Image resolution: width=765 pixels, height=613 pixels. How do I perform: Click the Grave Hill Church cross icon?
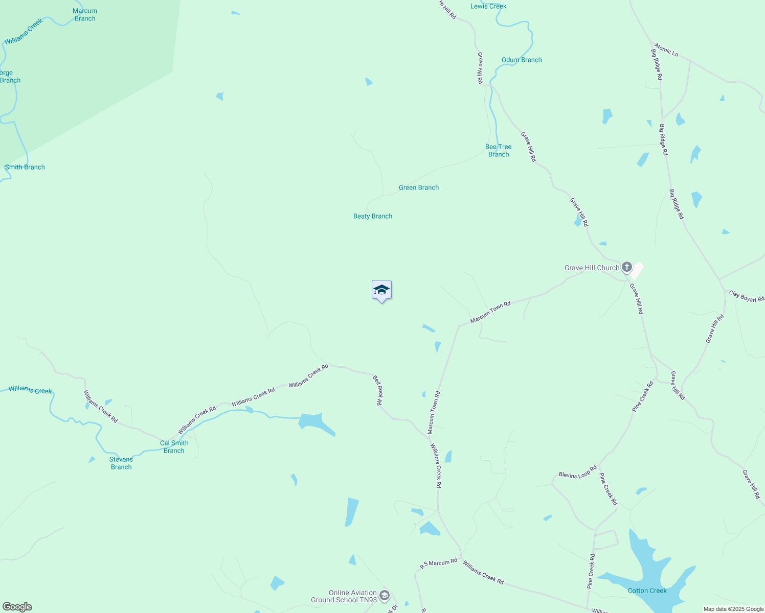(x=626, y=267)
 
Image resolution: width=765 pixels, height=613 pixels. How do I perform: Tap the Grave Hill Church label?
(x=592, y=268)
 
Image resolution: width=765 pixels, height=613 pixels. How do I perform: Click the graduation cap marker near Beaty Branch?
(x=381, y=290)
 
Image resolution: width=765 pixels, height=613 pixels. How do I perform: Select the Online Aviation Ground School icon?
(x=385, y=596)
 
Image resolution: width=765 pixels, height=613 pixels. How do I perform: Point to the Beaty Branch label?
(x=373, y=216)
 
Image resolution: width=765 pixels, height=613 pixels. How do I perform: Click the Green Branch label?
(x=419, y=187)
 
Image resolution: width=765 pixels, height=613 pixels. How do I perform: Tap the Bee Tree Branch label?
(x=498, y=150)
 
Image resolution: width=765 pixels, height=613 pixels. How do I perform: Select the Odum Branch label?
(x=522, y=60)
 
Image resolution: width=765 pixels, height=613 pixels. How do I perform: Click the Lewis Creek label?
(x=488, y=6)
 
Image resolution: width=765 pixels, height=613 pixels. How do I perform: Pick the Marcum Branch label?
(x=85, y=14)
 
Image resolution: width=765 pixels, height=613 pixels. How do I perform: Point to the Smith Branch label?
(x=25, y=167)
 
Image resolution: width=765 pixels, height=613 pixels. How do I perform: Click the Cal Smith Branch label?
(x=174, y=446)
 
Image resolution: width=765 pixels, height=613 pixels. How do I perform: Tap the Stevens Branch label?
(x=121, y=463)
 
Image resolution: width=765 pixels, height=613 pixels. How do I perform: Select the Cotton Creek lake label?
(x=647, y=591)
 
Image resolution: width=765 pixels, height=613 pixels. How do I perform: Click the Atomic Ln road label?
(x=666, y=50)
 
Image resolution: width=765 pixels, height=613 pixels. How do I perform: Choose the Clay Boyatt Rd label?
(x=747, y=296)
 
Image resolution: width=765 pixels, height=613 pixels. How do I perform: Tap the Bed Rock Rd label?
(x=377, y=390)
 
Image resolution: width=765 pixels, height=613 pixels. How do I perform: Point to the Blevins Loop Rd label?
(x=578, y=472)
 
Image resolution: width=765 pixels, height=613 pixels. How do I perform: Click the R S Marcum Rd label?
(x=438, y=563)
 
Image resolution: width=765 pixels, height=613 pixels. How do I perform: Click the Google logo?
(x=17, y=607)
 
